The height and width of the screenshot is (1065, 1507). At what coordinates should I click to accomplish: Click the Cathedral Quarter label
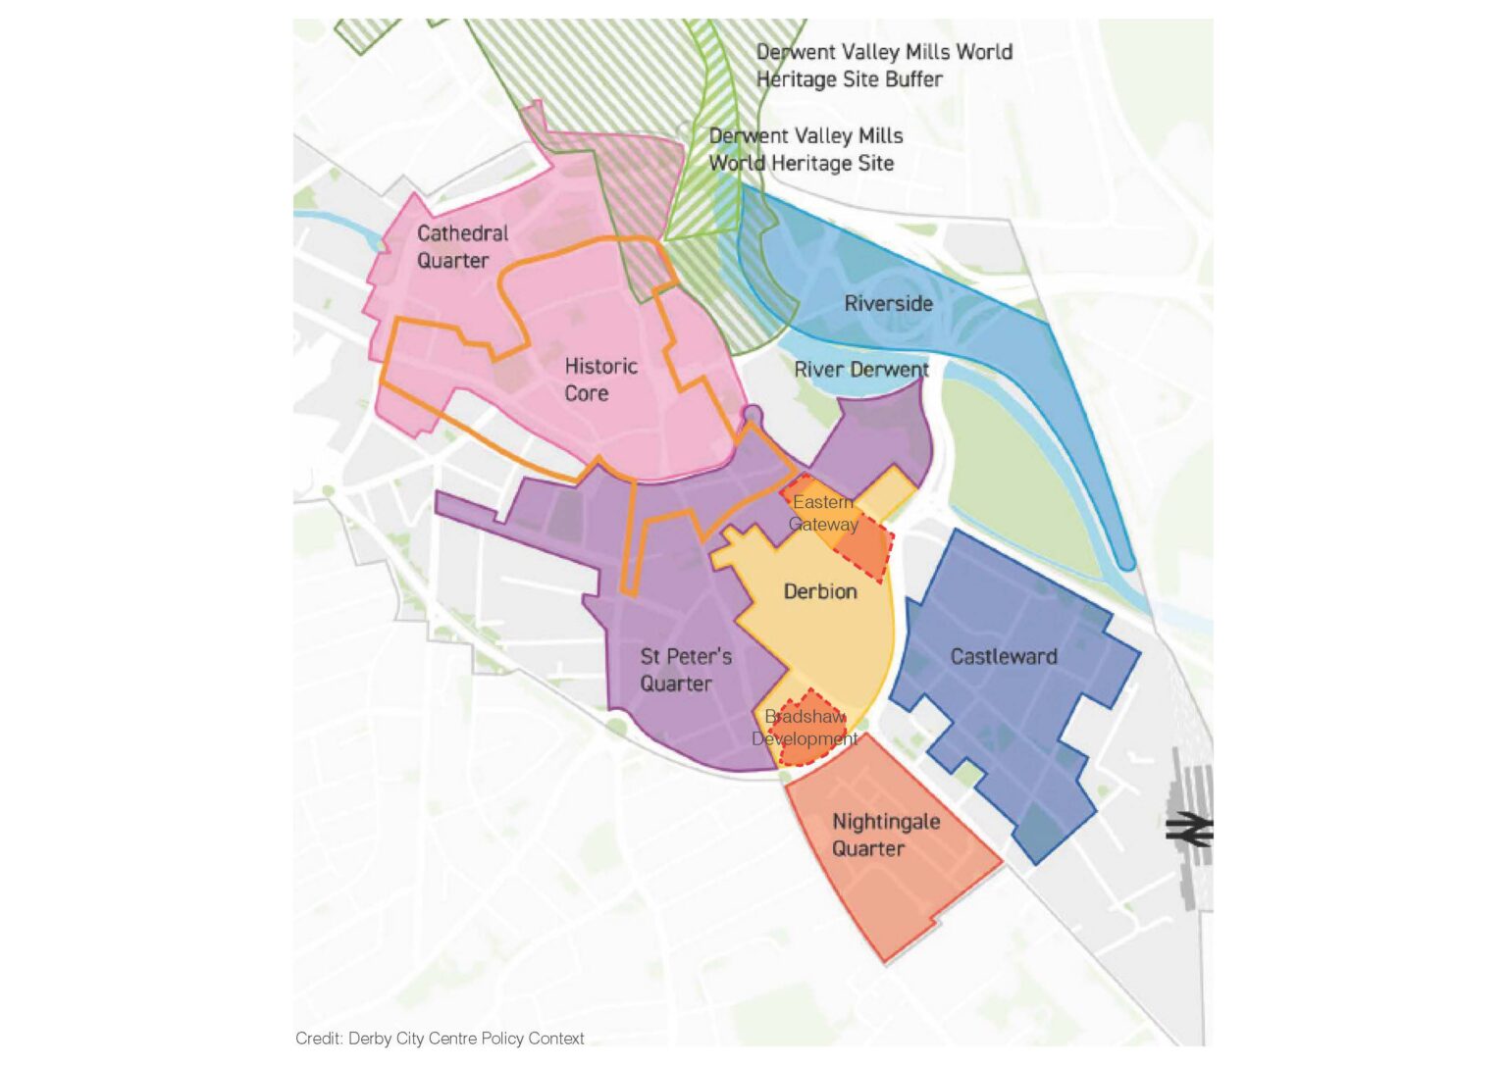point(462,247)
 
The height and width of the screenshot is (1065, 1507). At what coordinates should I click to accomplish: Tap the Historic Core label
point(600,380)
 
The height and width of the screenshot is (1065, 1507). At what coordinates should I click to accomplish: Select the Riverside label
point(888,303)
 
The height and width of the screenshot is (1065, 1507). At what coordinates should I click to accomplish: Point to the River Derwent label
point(860,370)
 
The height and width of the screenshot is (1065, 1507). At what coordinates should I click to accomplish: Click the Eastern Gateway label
point(823,513)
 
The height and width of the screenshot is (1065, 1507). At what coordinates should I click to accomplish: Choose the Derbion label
point(820,591)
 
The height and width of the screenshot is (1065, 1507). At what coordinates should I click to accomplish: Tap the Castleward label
point(1004,656)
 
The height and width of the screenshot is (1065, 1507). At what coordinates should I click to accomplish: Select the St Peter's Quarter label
point(685,670)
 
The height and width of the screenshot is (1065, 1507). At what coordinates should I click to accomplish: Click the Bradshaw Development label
point(805,728)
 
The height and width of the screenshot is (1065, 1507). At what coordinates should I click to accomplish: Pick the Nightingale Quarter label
point(885,835)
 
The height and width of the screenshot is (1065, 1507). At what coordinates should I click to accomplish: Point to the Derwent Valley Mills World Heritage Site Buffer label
point(883,66)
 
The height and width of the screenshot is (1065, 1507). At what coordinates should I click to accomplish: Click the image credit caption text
point(440,1039)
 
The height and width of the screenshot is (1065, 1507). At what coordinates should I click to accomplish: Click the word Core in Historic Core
point(586,393)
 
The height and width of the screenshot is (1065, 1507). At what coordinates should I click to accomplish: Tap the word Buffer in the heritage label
point(912,79)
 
